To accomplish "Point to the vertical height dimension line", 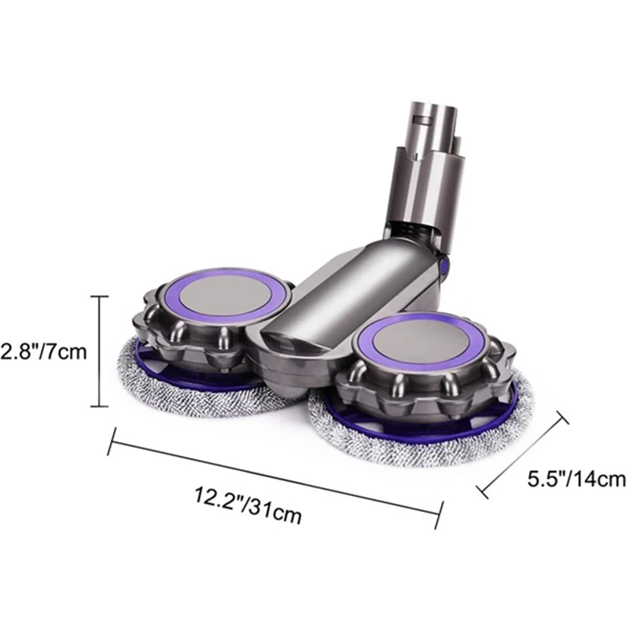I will click(x=98, y=351).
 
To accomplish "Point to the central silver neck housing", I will click(x=314, y=299).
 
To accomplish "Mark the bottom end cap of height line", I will click(x=98, y=406).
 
